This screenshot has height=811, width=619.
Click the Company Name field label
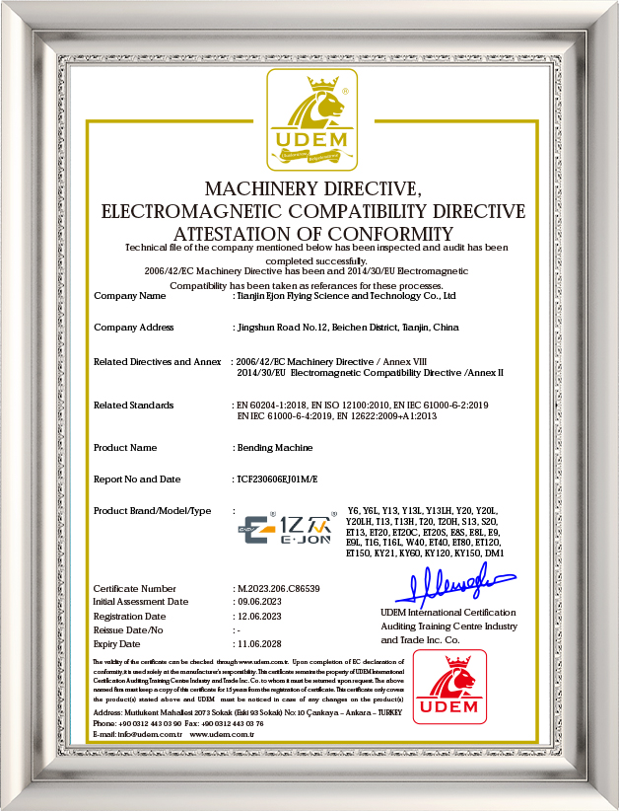point(129,295)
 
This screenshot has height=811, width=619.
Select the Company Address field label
point(133,327)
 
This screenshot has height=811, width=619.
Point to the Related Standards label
point(133,405)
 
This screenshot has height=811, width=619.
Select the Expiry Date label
point(117,642)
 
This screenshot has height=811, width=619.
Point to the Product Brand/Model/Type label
point(152,510)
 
